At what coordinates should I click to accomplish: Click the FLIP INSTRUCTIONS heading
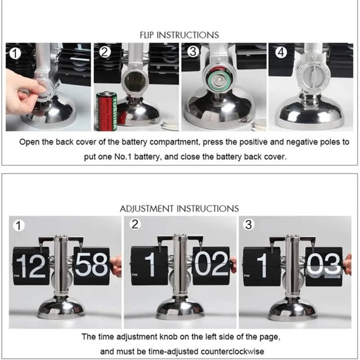[179, 35]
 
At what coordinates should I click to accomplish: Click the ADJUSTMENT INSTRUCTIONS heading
[179, 208]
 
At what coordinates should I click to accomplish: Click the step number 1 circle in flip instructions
[15, 53]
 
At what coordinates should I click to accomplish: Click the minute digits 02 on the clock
[211, 265]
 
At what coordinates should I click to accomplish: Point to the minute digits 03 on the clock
[324, 265]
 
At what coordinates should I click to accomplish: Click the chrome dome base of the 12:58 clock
[61, 307]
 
